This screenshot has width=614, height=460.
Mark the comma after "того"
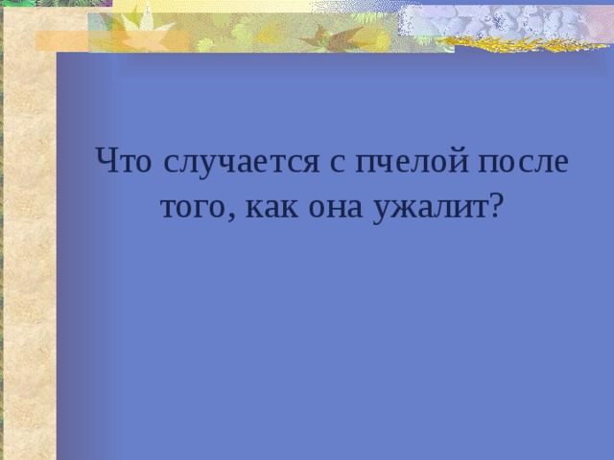coord(234,215)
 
